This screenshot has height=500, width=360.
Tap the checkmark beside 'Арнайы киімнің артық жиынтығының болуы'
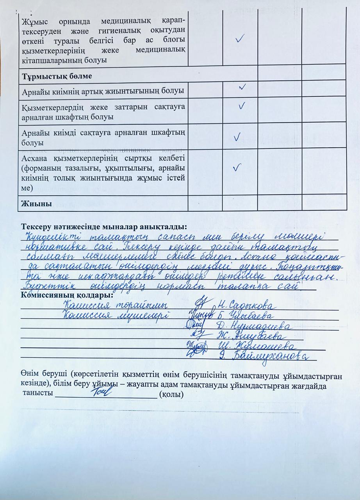(242, 88)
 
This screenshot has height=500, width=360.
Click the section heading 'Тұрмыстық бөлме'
(57, 76)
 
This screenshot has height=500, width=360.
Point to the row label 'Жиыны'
(37, 204)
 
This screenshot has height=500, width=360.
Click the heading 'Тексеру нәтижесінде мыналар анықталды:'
(104, 227)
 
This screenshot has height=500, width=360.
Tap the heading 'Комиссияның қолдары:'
(67, 295)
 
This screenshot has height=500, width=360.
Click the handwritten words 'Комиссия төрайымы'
(116, 305)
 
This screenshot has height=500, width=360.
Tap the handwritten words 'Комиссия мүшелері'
(116, 315)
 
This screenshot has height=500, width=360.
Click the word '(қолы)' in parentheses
(170, 395)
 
